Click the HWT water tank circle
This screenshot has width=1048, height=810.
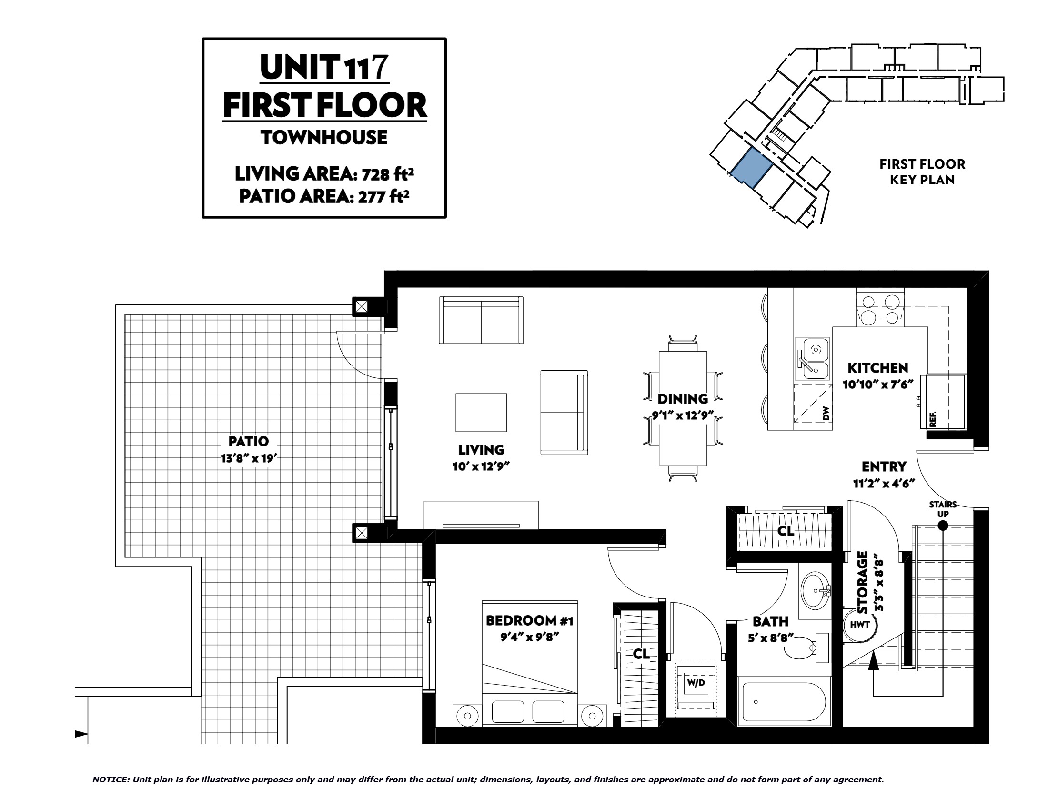tap(859, 624)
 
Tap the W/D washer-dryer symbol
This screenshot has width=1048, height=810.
tap(696, 686)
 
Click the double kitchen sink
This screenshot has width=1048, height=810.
tap(812, 364)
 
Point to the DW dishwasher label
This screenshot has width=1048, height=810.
tap(826, 413)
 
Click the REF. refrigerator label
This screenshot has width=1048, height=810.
tap(933, 419)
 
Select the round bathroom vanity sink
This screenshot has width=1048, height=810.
tap(815, 590)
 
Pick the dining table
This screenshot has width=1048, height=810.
tap(683, 408)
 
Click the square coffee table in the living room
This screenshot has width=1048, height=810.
tap(481, 413)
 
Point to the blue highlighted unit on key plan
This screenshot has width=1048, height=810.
tap(751, 167)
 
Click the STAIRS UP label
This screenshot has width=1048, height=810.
tap(943, 509)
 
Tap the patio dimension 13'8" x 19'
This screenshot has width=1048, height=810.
tap(249, 458)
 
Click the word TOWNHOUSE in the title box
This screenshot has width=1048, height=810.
tap(324, 138)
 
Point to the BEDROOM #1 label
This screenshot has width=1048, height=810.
tap(529, 620)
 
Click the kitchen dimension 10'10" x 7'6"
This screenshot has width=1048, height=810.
tap(877, 385)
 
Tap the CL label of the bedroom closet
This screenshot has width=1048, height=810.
tap(641, 654)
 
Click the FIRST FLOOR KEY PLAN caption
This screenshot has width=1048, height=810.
tap(922, 172)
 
